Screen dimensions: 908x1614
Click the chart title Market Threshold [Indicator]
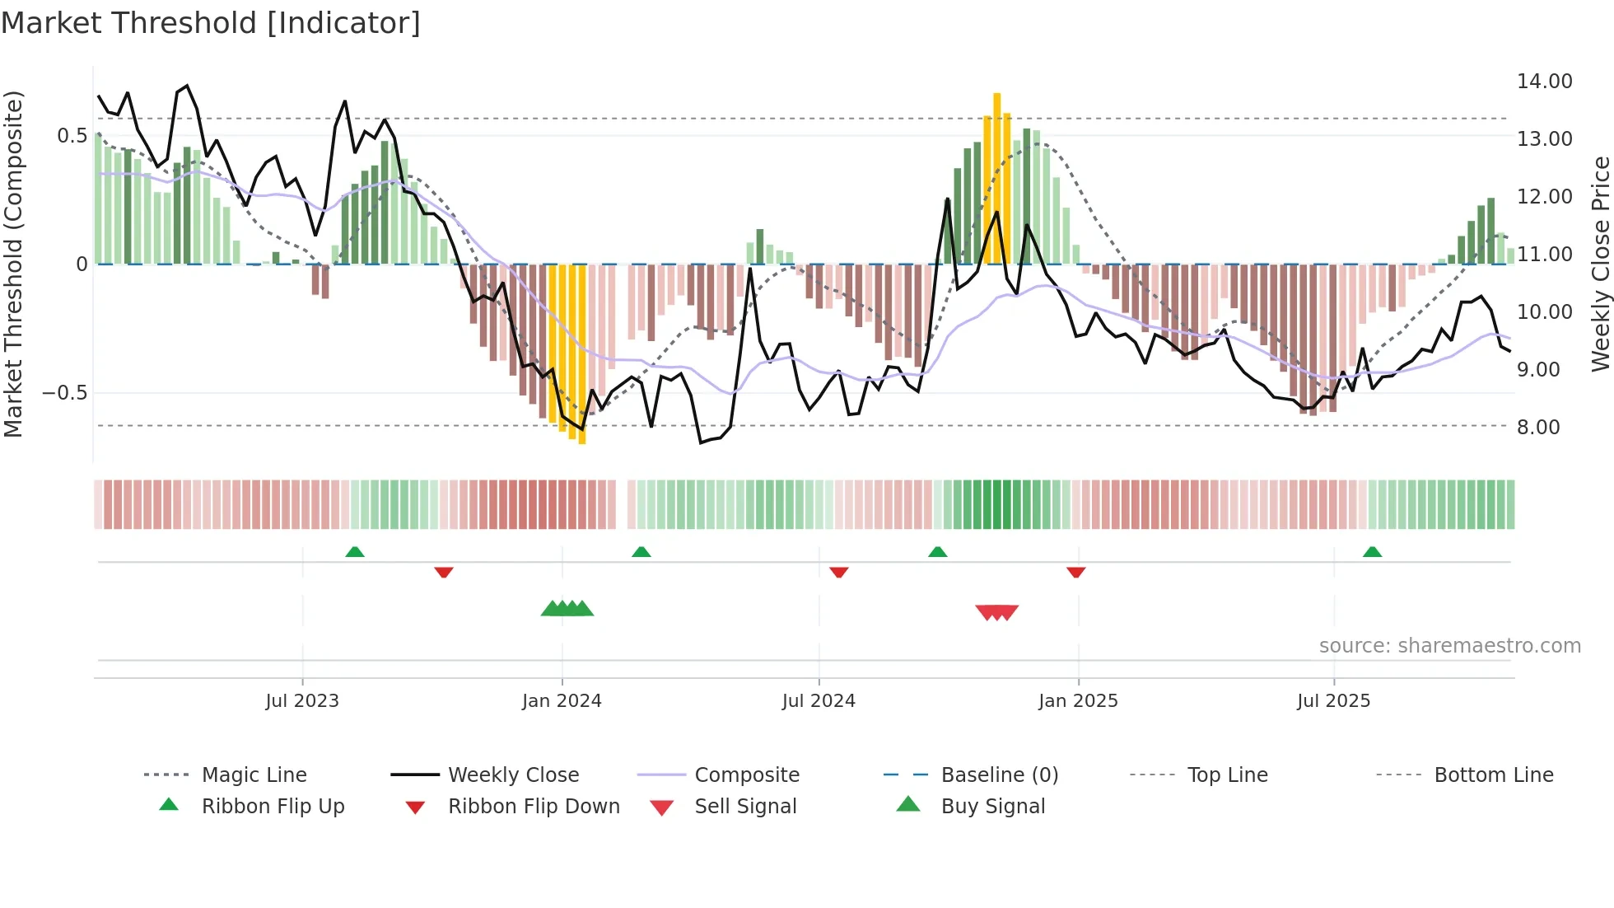(x=211, y=23)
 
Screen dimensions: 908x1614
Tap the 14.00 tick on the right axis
(x=1544, y=82)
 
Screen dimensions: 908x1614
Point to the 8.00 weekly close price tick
(x=1538, y=428)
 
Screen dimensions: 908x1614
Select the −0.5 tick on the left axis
(x=65, y=393)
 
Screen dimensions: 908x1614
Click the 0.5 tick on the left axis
(x=72, y=136)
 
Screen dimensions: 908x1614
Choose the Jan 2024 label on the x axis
(x=562, y=701)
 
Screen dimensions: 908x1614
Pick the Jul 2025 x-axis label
(x=1333, y=701)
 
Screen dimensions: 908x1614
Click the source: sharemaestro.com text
(x=1449, y=646)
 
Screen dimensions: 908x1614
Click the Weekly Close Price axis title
(x=1600, y=264)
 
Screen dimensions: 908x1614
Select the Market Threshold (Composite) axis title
(x=13, y=264)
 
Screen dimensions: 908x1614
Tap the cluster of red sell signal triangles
(x=996, y=612)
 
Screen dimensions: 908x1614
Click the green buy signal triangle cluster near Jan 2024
(x=567, y=609)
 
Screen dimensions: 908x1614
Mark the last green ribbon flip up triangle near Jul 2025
(x=1372, y=552)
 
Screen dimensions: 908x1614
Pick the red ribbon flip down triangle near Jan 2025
(x=1075, y=572)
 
